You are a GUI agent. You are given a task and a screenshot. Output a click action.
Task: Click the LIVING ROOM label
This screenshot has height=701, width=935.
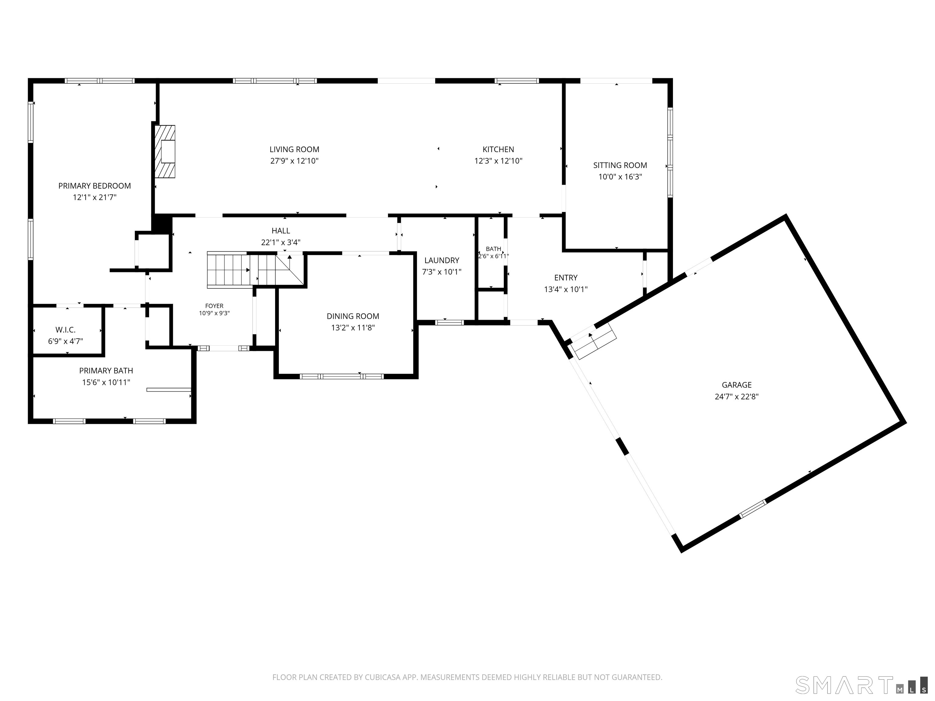tap(294, 149)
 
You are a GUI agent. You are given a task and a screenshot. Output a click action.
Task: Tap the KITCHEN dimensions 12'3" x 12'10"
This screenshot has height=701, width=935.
tap(498, 161)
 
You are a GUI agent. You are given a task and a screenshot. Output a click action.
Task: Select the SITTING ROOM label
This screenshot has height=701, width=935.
tap(620, 165)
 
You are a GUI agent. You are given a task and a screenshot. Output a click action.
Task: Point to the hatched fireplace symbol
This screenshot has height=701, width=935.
tap(165, 151)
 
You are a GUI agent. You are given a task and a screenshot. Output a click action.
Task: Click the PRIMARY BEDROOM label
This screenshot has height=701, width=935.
tap(95, 186)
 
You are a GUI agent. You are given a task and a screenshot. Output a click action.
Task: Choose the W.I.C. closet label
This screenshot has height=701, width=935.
tap(65, 330)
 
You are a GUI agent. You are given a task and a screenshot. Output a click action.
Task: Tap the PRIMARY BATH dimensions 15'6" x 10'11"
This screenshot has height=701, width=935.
tap(106, 382)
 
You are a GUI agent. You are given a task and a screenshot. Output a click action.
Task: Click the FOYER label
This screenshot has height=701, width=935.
tap(214, 306)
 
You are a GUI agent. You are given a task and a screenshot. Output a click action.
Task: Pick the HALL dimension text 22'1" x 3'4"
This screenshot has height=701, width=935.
tap(281, 242)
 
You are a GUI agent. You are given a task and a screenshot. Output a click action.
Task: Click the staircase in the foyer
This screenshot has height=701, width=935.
tap(255, 270)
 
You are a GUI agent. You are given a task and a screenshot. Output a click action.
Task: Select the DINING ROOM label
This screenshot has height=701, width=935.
tap(353, 316)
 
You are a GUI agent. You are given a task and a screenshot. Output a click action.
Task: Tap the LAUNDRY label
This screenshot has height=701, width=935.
tap(442, 260)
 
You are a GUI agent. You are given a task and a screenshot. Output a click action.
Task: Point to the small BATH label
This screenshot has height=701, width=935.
tap(493, 249)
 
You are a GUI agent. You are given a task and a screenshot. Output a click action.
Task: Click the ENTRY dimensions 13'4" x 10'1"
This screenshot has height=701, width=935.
tap(566, 289)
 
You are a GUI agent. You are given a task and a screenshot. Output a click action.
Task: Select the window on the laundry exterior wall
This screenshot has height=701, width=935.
tap(449, 323)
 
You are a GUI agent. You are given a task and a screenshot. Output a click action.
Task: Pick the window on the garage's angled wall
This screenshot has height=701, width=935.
tap(752, 509)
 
